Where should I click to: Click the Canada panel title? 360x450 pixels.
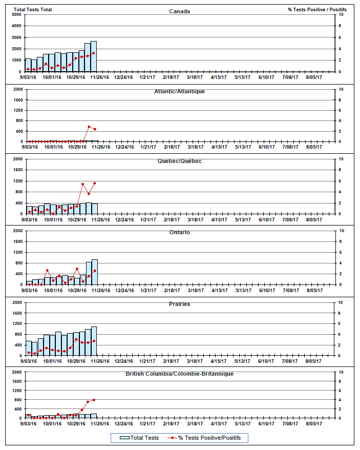click(x=179, y=11)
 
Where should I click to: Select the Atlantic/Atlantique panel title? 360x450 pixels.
click(x=179, y=91)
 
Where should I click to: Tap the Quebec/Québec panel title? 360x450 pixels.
click(x=179, y=161)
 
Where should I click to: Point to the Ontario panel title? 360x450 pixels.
click(x=179, y=232)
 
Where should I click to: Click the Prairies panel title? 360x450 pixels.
click(x=179, y=304)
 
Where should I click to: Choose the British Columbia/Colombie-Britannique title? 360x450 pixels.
click(x=179, y=374)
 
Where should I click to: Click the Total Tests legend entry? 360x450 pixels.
click(x=139, y=438)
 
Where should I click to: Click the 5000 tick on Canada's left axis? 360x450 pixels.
click(x=17, y=14)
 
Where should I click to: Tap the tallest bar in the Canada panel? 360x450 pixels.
click(x=94, y=56)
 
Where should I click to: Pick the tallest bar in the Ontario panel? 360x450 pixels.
click(x=95, y=272)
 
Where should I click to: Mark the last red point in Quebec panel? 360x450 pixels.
click(x=95, y=183)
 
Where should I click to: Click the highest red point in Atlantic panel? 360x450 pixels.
click(x=89, y=127)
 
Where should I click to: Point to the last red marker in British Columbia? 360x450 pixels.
click(x=94, y=400)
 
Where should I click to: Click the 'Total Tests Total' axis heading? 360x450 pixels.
click(x=33, y=10)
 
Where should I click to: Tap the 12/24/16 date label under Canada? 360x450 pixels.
click(x=123, y=77)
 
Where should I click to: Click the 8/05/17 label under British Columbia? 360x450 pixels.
click(x=314, y=423)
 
